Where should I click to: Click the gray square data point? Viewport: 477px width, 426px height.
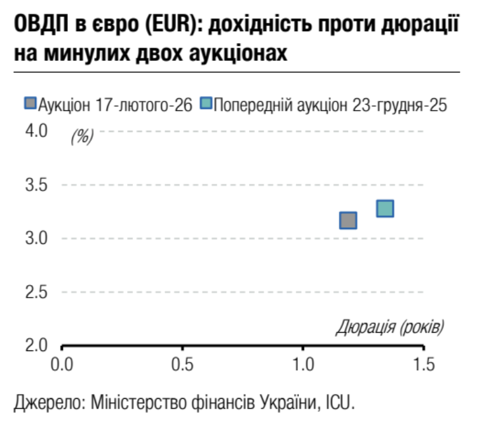pyautogui.click(x=348, y=220)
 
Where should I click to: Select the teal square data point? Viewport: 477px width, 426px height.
pyautogui.click(x=385, y=208)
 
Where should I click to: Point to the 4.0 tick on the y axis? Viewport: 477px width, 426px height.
pyautogui.click(x=36, y=131)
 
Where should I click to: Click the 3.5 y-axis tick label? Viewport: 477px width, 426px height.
pyautogui.click(x=36, y=185)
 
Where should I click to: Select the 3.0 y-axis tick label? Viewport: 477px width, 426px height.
pyautogui.click(x=36, y=239)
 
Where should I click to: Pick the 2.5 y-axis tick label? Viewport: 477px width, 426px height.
pyautogui.click(x=36, y=293)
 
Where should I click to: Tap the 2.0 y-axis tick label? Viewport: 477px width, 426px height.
pyautogui.click(x=36, y=347)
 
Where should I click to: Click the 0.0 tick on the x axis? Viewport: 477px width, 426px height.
pyautogui.click(x=62, y=366)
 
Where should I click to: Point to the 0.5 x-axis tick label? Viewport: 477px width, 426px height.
pyautogui.click(x=182, y=366)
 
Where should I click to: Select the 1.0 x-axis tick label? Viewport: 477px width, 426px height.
pyautogui.click(x=303, y=366)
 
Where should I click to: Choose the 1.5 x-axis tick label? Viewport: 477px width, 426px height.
pyautogui.click(x=424, y=366)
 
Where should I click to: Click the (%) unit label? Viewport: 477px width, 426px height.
pyautogui.click(x=83, y=136)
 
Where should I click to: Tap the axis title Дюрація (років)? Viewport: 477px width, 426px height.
pyautogui.click(x=389, y=328)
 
